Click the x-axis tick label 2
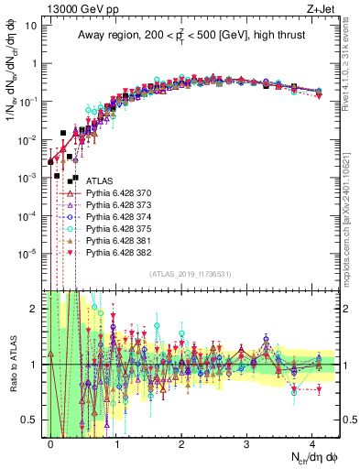pos(181,443)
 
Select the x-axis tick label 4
pos(312,443)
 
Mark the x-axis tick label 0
pos(50,443)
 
